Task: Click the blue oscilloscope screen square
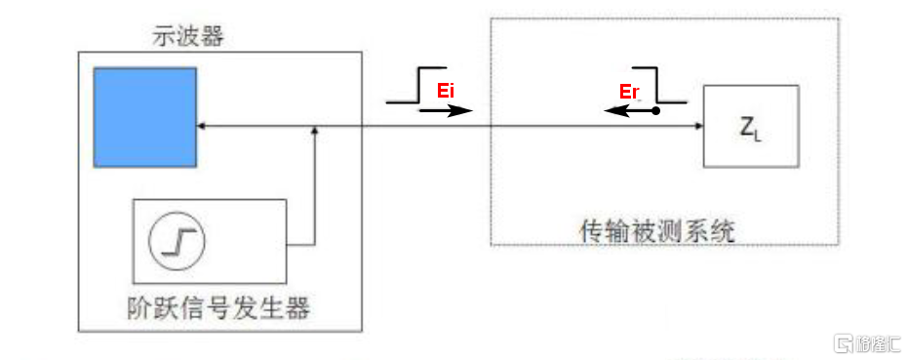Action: [x=144, y=117]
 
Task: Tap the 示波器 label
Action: [x=186, y=37]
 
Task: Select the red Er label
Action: [x=630, y=92]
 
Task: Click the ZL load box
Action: [x=751, y=126]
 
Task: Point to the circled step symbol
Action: [x=177, y=239]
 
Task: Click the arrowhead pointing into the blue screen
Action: [x=201, y=126]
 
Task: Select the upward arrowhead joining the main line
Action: [x=314, y=132]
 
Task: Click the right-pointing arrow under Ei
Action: [x=445, y=111]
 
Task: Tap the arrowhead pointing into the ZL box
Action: [x=697, y=126]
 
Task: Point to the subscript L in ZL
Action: [x=757, y=135]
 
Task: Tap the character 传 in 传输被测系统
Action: [x=592, y=231]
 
